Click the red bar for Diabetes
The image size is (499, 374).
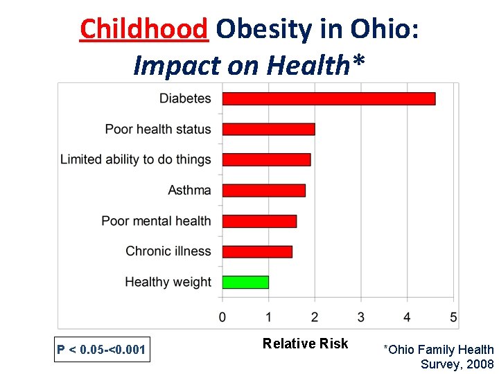[329, 98]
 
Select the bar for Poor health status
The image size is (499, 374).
[268, 129]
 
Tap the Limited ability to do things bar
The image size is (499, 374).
[266, 159]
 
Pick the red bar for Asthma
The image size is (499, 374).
[263, 190]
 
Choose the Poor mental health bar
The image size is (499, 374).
[259, 221]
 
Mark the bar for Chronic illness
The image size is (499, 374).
[257, 251]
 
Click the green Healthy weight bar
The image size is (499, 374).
[245, 282]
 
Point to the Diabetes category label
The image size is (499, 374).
[185, 98]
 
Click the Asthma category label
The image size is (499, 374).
[189, 190]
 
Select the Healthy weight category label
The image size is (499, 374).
[168, 282]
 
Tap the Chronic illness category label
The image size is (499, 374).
[168, 251]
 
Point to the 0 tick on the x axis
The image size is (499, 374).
[222, 317]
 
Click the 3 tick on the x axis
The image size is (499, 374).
[361, 317]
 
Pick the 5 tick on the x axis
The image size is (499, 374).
[453, 317]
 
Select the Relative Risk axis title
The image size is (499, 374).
[305, 344]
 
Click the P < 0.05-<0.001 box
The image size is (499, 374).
[101, 350]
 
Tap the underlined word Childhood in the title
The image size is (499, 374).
[143, 29]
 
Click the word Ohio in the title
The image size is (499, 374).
[380, 29]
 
